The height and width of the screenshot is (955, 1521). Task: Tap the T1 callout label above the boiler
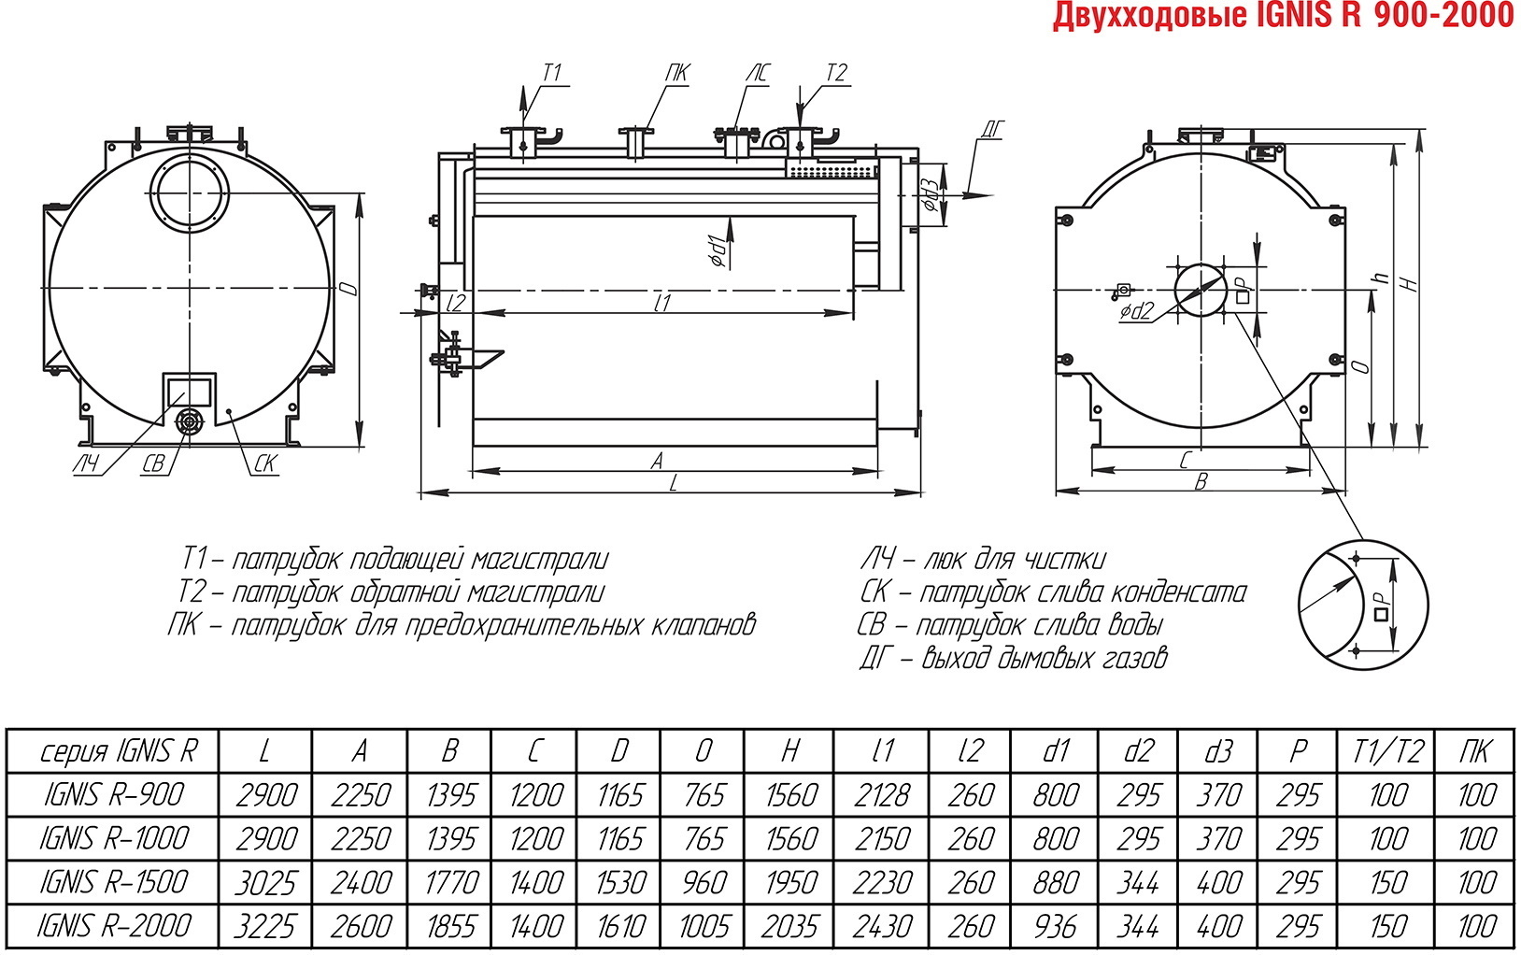point(552,73)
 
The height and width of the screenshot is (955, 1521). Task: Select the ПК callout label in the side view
point(677,73)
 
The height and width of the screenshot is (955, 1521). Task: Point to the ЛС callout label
point(759,73)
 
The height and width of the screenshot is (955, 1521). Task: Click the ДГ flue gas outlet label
point(992,129)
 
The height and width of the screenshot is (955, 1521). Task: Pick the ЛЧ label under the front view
point(86,463)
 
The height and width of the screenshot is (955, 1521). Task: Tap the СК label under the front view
point(264,463)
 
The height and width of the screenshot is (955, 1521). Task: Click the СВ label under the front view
point(154,463)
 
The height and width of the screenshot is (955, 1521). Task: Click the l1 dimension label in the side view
point(662,302)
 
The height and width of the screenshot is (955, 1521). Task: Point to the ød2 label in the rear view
point(1137,312)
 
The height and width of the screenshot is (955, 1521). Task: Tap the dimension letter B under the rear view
point(1201,481)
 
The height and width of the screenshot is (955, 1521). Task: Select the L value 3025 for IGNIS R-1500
point(265,883)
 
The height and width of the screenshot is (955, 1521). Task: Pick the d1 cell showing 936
point(1055,926)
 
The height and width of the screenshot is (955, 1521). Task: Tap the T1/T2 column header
point(1387,751)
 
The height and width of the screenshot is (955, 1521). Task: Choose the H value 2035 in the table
point(789,926)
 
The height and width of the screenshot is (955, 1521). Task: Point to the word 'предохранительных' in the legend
point(523,625)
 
